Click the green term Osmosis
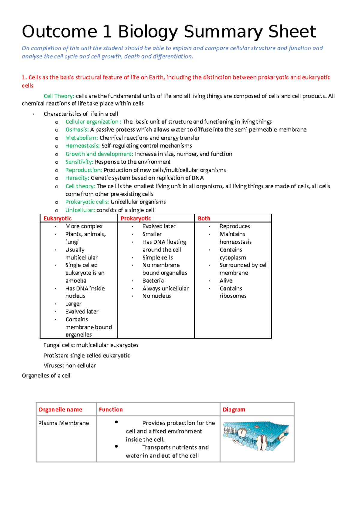click(77, 129)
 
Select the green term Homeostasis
click(82, 146)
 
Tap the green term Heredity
click(77, 178)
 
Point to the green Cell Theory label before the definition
click(59, 96)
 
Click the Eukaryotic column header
click(58, 218)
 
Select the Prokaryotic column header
click(136, 218)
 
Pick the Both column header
click(204, 218)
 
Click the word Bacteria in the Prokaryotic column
click(153, 281)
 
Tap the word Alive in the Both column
click(226, 281)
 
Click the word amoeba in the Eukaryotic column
click(76, 281)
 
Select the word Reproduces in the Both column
click(235, 226)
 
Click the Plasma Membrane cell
click(64, 423)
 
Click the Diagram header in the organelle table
click(234, 409)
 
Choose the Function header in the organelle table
click(111, 409)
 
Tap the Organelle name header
click(60, 409)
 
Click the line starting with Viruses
click(70, 365)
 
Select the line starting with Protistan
click(87, 356)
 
